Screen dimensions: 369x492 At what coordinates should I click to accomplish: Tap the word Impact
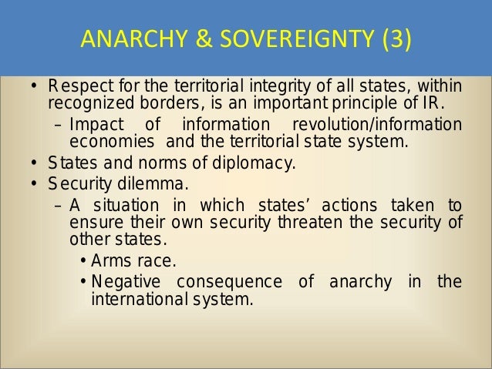[92, 126]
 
